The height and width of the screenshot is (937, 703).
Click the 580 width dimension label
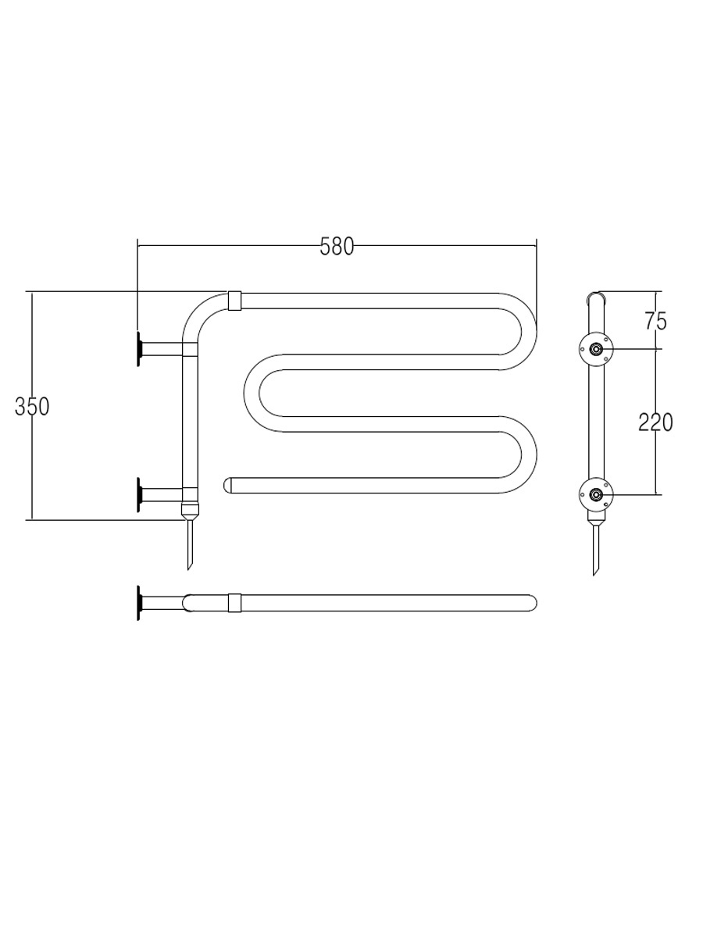(x=337, y=247)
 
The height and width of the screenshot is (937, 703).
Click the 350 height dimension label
(x=32, y=406)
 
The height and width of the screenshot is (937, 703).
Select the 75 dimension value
(x=655, y=321)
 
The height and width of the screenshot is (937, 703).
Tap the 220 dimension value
(x=655, y=422)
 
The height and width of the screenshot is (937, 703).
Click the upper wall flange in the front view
(x=140, y=348)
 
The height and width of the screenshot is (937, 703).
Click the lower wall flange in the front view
(x=140, y=494)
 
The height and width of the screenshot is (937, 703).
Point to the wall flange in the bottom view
(x=140, y=603)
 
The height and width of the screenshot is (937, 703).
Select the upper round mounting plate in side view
(x=596, y=349)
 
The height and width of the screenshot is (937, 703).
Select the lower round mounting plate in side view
(x=596, y=493)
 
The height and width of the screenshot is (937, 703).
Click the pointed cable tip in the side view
(x=596, y=550)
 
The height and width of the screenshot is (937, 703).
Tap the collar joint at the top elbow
(x=234, y=300)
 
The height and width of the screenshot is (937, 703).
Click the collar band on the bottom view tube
(x=234, y=602)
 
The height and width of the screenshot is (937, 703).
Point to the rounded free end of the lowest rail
(x=229, y=485)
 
